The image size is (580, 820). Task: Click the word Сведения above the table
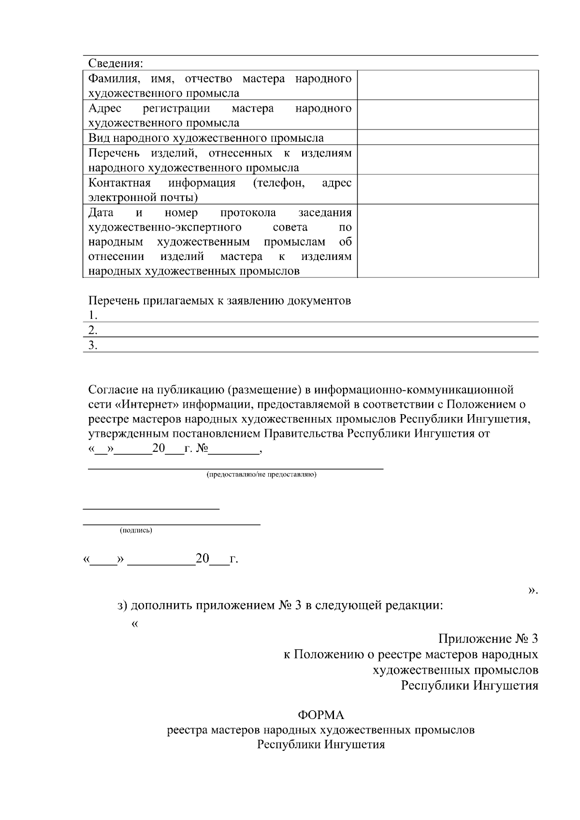click(x=115, y=63)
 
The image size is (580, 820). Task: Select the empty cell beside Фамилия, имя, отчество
click(x=448, y=85)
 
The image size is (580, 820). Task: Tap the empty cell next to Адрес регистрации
click(x=448, y=115)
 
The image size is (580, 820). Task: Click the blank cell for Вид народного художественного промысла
click(x=448, y=138)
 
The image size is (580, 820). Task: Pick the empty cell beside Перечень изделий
click(x=448, y=160)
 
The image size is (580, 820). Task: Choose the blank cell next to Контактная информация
click(x=448, y=189)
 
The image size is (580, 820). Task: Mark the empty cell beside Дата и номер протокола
click(x=448, y=241)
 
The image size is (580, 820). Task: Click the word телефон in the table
click(x=278, y=183)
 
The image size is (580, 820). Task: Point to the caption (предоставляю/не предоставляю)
click(x=261, y=475)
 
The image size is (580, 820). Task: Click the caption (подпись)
click(x=136, y=531)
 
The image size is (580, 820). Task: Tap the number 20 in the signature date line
click(x=202, y=559)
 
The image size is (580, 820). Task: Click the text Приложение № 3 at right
click(x=488, y=639)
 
